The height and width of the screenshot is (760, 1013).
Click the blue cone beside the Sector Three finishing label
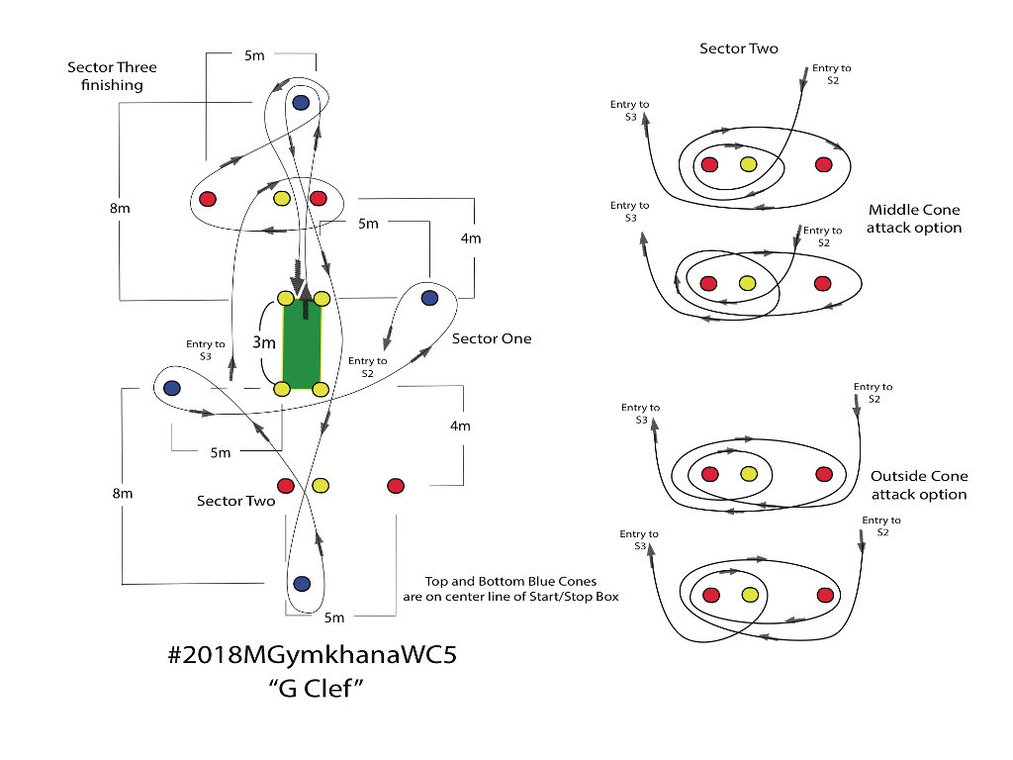[x=301, y=102]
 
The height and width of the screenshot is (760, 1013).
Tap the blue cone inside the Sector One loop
[x=429, y=298]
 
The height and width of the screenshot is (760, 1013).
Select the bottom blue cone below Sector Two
[x=302, y=584]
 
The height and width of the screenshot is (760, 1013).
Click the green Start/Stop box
[x=303, y=343]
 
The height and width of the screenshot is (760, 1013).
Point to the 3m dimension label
[x=263, y=342]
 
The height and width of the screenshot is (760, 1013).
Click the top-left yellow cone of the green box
[x=285, y=298]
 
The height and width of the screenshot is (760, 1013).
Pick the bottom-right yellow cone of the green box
[x=322, y=389]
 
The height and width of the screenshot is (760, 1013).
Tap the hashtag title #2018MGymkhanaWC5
[x=312, y=655]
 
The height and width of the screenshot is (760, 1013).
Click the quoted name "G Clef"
[x=316, y=689]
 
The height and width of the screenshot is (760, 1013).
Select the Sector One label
[x=492, y=338]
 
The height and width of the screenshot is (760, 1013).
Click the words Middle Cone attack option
[x=914, y=219]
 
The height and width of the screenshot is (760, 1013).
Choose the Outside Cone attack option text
[x=919, y=485]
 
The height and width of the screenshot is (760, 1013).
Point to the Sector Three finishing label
[x=113, y=76]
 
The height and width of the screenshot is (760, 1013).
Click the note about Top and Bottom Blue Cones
[x=511, y=589]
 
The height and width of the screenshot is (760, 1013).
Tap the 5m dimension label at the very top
[x=254, y=55]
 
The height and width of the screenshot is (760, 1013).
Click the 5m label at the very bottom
[x=334, y=617]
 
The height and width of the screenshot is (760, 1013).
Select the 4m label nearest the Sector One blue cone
[x=471, y=238]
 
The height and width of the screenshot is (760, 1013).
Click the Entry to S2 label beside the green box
[x=368, y=367]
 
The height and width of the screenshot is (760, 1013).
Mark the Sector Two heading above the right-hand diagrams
[x=739, y=48]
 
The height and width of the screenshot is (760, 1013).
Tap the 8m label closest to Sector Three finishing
[x=120, y=208]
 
